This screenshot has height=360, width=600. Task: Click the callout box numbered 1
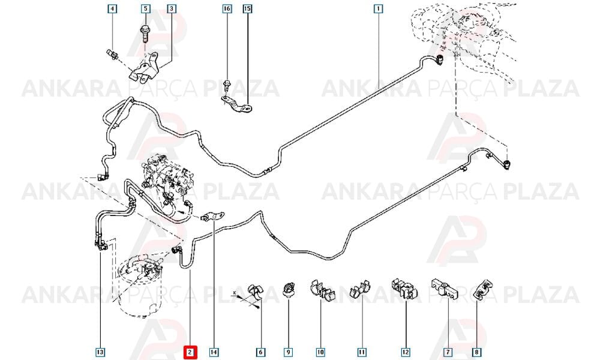(378, 8)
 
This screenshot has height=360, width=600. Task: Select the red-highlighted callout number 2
(191, 352)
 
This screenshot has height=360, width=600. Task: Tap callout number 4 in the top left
(112, 8)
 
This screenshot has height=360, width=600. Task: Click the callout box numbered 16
(227, 8)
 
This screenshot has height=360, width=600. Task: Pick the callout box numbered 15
(248, 8)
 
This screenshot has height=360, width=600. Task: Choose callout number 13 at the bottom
(100, 352)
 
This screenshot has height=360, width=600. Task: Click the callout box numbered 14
(214, 352)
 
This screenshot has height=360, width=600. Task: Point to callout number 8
(476, 352)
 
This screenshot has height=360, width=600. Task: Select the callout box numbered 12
(405, 352)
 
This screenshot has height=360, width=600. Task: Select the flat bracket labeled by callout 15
(238, 105)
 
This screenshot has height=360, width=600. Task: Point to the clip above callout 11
(361, 289)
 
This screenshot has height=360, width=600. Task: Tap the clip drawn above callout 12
(404, 289)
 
